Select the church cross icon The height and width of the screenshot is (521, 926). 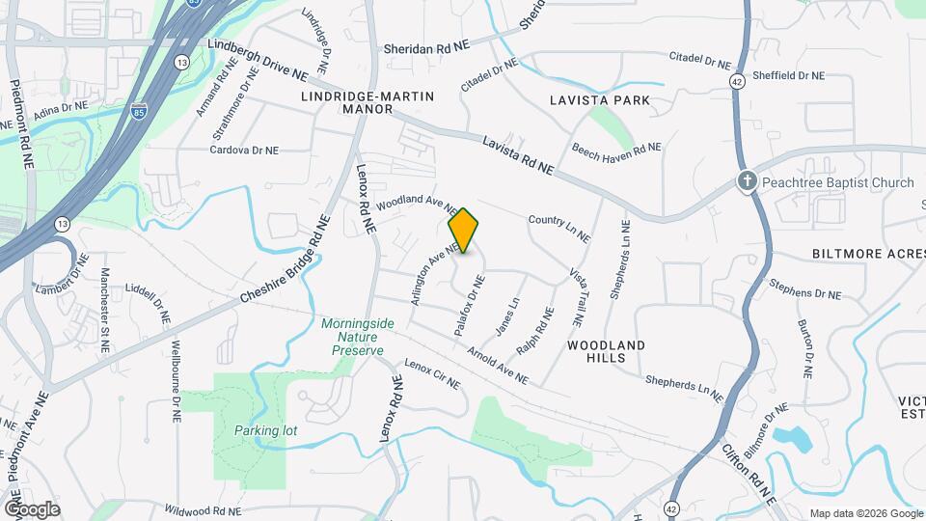tap(747, 181)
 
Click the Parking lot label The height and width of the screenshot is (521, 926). tap(262, 429)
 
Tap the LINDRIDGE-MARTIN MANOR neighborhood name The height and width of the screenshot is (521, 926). tap(368, 103)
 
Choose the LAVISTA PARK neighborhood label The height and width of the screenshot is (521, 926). tap(599, 100)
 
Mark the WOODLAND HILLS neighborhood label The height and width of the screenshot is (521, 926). tap(606, 351)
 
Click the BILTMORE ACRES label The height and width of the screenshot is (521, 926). tap(868, 254)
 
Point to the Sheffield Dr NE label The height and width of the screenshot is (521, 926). tap(789, 75)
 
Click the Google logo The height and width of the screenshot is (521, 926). tap(32, 508)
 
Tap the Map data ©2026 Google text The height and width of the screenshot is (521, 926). tap(864, 512)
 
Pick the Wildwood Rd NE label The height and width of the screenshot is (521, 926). tap(203, 510)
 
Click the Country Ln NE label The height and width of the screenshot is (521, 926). tap(558, 228)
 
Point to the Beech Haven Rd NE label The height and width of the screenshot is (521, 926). tap(616, 148)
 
